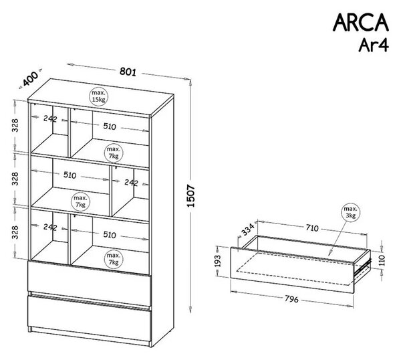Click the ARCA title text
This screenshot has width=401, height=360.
pos(361,23)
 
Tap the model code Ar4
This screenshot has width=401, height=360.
pos(374,45)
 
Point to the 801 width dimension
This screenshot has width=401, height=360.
pos(128,72)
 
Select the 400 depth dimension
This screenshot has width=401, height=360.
pos(30,79)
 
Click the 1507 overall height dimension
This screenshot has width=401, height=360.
pos(191,195)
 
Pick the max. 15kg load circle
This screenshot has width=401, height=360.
pos(98,96)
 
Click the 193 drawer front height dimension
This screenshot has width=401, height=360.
pos(218,261)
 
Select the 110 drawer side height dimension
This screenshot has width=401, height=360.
pos(382,260)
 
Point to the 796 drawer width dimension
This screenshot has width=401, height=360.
pos(291,299)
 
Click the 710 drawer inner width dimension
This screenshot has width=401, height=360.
pos(312,228)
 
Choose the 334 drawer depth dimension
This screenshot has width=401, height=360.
pos(249,229)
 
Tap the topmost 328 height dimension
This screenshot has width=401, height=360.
pos(15,125)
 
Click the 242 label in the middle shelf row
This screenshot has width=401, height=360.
pos(131,183)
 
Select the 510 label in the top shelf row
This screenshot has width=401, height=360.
pos(110,126)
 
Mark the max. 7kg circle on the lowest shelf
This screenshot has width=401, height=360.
pos(114,259)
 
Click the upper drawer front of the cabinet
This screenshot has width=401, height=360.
pos(90,283)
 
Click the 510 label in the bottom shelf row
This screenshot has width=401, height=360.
pos(110,235)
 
